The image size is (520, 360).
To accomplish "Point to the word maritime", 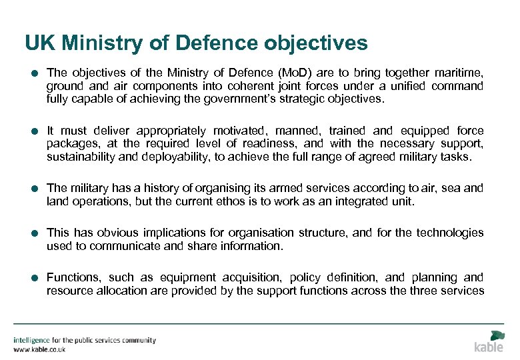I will point(459,73).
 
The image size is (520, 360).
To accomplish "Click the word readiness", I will point(274,143).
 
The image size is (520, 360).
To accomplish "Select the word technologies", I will point(450,233).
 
